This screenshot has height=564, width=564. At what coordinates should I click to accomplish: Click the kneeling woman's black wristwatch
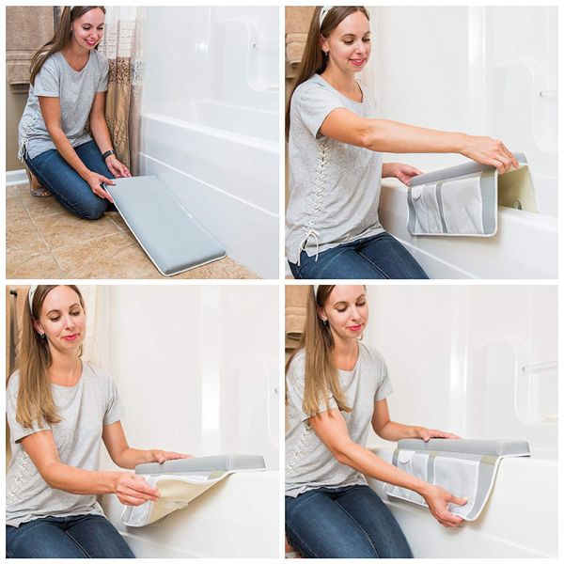pyautogui.click(x=108, y=154)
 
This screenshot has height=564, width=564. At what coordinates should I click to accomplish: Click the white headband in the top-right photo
pyautogui.click(x=325, y=14)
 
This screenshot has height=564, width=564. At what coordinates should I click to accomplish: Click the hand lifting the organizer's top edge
pyautogui.click(x=489, y=150)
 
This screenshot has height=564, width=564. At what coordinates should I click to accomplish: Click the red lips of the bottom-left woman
pyautogui.click(x=70, y=337)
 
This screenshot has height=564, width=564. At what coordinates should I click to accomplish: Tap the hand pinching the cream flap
pyautogui.click(x=136, y=489)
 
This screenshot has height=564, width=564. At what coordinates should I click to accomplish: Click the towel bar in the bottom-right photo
pyautogui.click(x=539, y=368)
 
